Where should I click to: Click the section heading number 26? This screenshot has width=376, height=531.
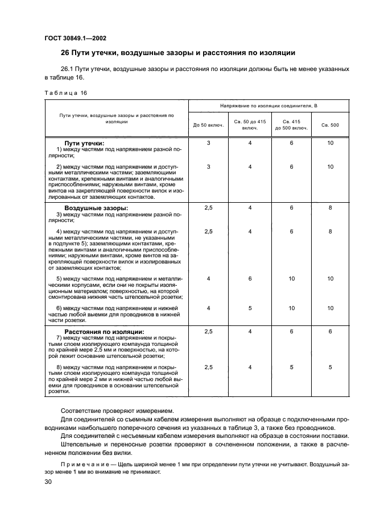point(65,54)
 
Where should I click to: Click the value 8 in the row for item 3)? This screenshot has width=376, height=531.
point(330,208)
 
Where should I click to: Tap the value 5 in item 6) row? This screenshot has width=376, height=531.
point(250,308)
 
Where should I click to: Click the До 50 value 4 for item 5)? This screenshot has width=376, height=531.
point(208,279)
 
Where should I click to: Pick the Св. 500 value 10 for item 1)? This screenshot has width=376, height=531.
point(330,143)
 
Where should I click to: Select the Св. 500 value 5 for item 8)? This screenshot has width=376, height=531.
point(330,367)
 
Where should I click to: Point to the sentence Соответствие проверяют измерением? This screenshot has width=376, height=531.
point(109,409)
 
